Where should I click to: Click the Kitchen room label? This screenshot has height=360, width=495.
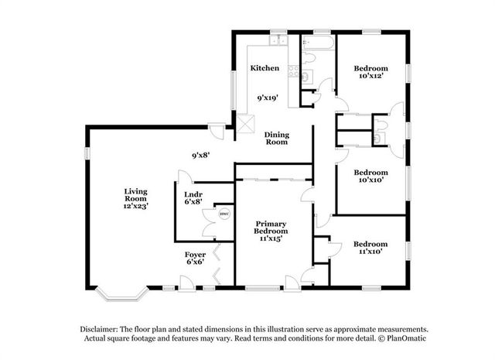coord(265,68)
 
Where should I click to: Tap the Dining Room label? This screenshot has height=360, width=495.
coord(277,139)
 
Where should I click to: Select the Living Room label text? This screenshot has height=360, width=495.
coord(136,194)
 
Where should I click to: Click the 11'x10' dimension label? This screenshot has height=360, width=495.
coord(370,250)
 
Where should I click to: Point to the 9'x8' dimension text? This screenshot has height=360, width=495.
coord(202,155)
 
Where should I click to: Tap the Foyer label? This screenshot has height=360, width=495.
coord(194,255)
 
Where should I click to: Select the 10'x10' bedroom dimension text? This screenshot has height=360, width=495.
coord(370,180)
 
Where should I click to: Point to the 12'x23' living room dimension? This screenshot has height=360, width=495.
coord(136,206)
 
